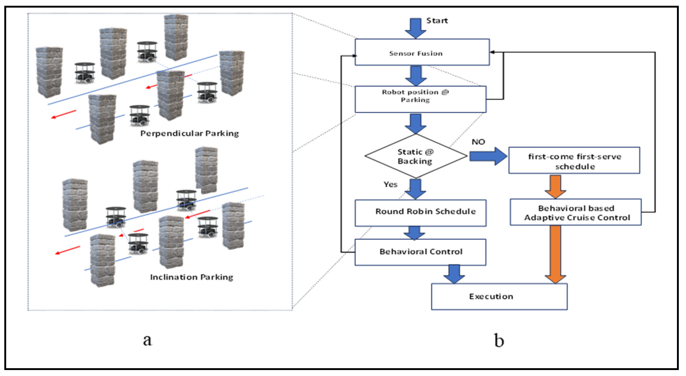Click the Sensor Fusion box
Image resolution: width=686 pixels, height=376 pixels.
click(422, 52)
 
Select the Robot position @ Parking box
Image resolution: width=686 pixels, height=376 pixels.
click(420, 99)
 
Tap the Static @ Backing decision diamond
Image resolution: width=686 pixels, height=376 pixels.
click(415, 156)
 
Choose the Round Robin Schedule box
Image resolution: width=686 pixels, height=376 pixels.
click(420, 213)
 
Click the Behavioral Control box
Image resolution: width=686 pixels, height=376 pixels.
click(420, 252)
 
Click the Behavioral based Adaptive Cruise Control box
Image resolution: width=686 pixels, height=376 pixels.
click(575, 212)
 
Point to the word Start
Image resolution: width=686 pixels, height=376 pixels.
click(437, 21)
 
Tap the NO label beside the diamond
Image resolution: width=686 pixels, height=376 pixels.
click(478, 142)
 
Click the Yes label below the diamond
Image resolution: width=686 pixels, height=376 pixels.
click(390, 184)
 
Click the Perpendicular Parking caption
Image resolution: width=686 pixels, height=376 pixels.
click(189, 133)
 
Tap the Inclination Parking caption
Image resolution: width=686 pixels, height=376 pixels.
click(191, 277)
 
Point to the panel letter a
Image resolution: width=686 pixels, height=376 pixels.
click(147, 340)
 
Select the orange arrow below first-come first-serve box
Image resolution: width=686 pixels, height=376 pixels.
click(555, 186)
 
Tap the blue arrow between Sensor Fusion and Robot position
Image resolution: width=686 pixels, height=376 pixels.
click(416, 76)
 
